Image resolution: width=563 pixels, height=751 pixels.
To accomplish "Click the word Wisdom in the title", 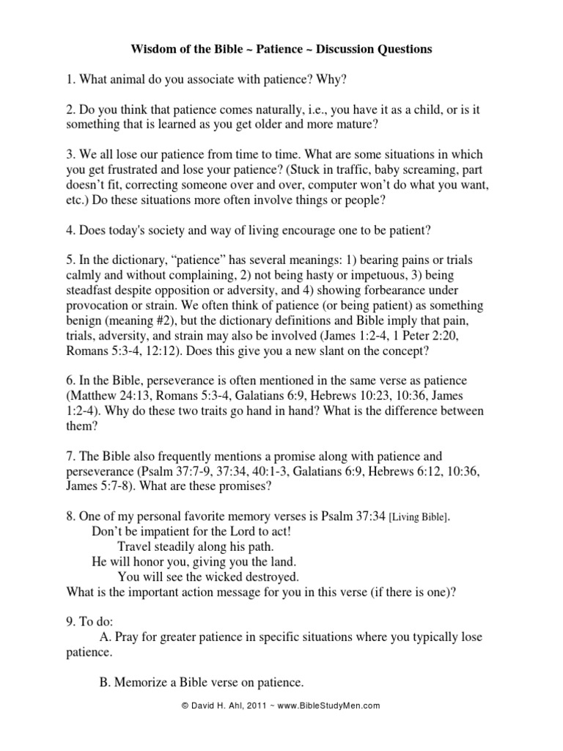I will pyautogui.click(x=151, y=50).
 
